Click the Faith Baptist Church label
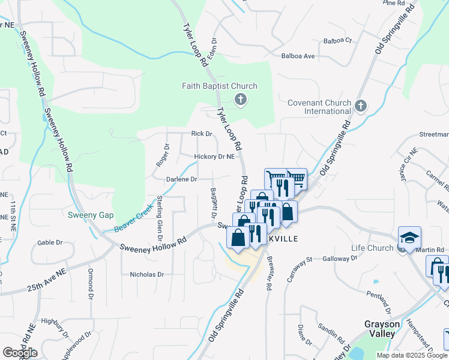tap(220, 86)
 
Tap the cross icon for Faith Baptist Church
tap(240, 100)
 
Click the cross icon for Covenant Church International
tap(361, 106)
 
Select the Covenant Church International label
tap(319, 107)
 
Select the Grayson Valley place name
tap(380, 329)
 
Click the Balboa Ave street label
tap(298, 56)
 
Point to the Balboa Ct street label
tap(337, 41)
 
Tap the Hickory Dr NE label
tap(214, 157)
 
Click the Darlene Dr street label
tap(182, 179)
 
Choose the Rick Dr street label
tap(202, 134)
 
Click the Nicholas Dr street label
tap(146, 274)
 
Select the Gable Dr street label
tap(50, 242)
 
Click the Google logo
tap(20, 352)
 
